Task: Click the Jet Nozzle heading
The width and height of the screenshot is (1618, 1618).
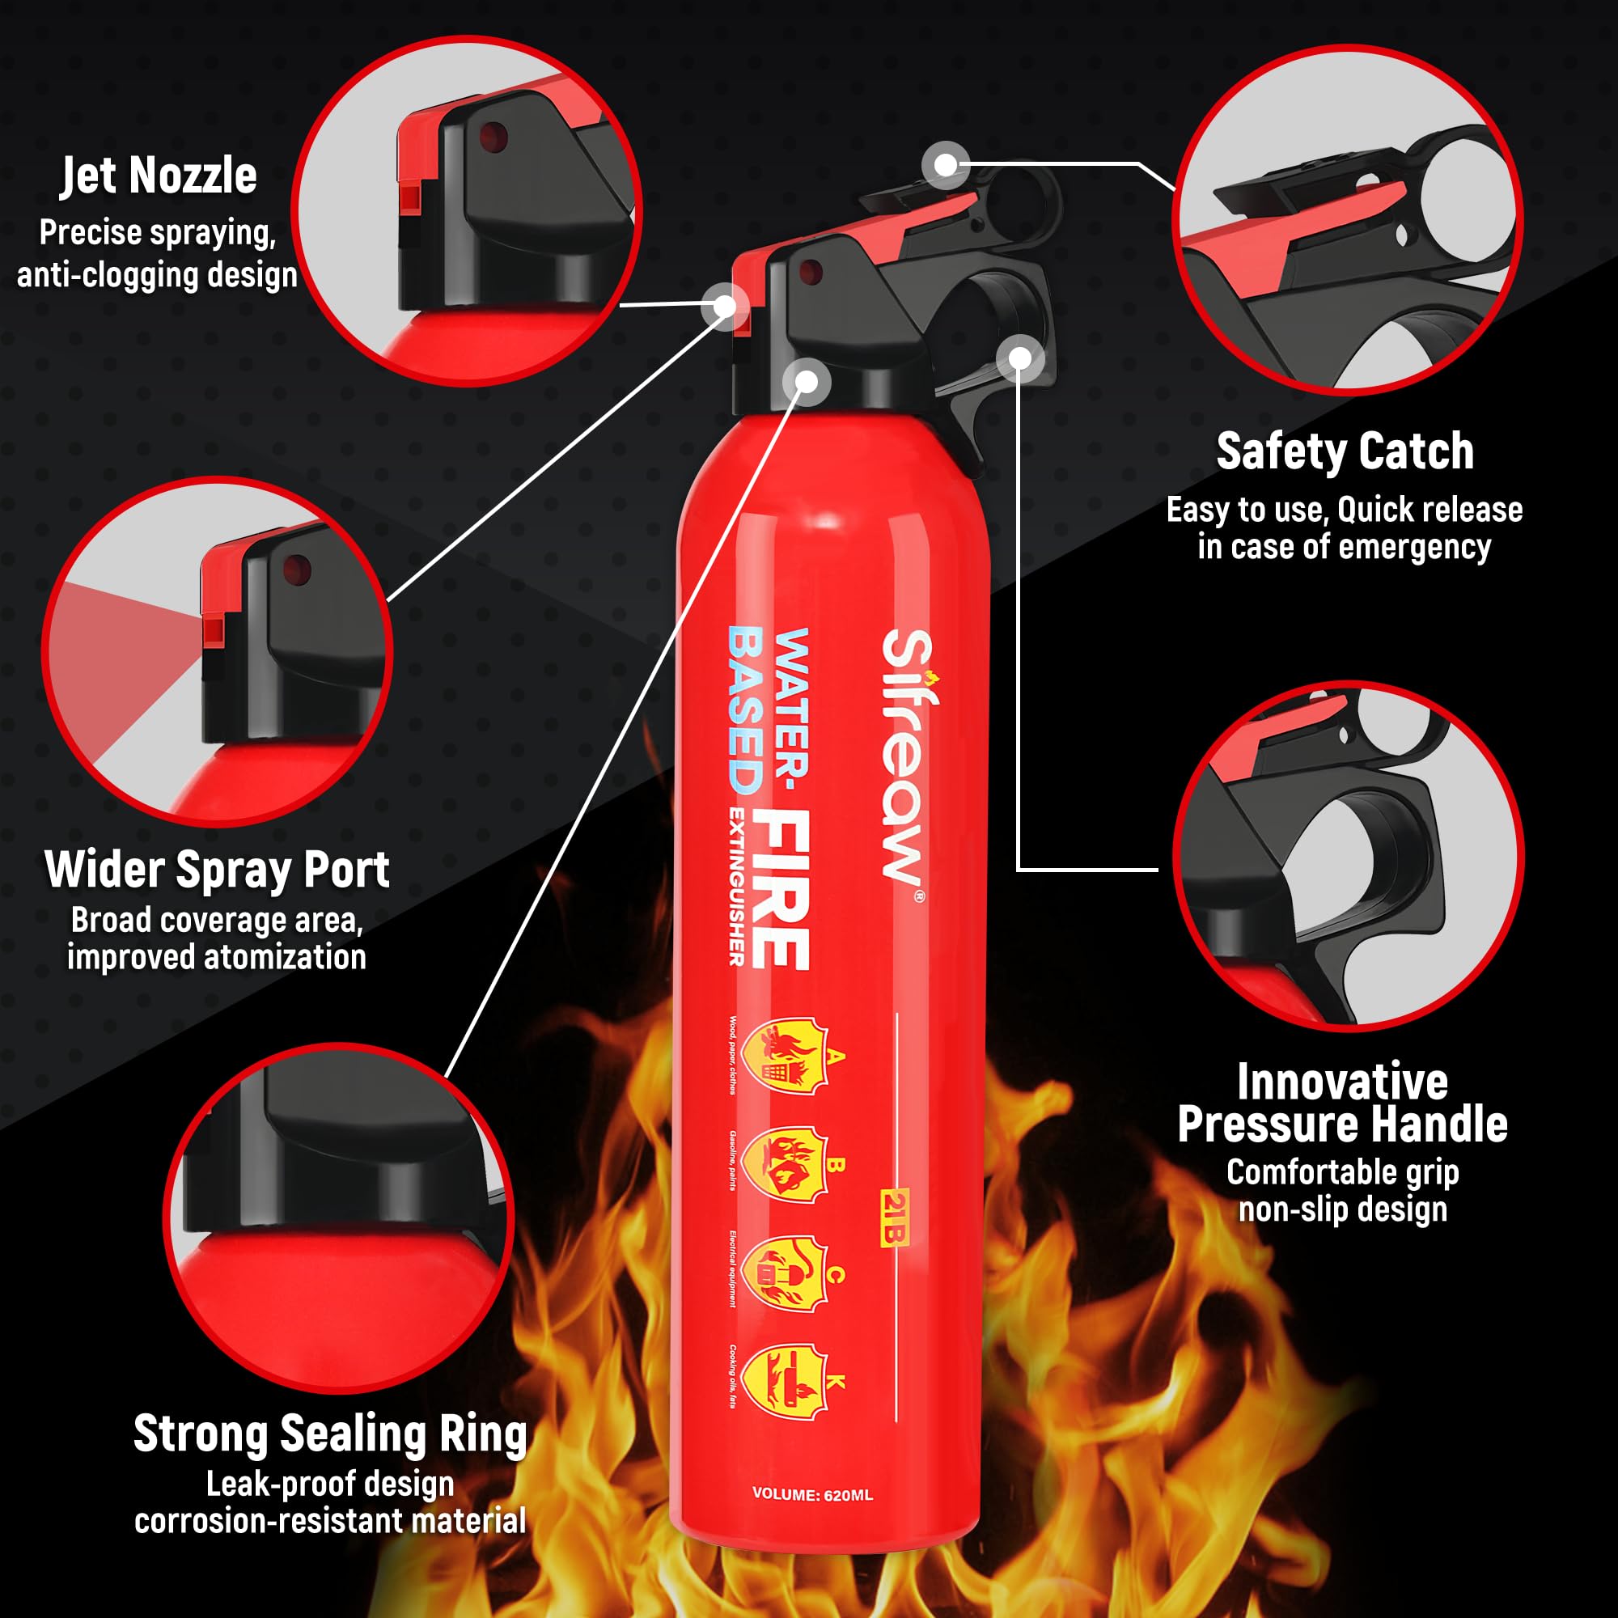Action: (159, 176)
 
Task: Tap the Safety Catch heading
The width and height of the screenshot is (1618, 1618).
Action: (1344, 452)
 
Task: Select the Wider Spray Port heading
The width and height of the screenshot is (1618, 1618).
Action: (217, 870)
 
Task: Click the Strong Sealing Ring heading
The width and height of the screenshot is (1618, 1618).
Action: (330, 1434)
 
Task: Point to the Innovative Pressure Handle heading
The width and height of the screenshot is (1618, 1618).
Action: (1342, 1103)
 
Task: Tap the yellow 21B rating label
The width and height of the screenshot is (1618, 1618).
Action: (895, 1217)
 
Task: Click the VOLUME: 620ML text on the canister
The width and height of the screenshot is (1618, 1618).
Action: (812, 1494)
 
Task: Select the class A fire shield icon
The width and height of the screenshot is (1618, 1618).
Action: (785, 1056)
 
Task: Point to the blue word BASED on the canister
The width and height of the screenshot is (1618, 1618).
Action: (744, 710)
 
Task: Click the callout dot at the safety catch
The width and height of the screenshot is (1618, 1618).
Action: (946, 165)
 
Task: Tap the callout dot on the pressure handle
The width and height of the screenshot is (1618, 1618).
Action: (1019, 359)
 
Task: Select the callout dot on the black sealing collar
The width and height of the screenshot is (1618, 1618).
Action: (806, 382)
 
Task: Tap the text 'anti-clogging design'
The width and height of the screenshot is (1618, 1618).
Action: (158, 276)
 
